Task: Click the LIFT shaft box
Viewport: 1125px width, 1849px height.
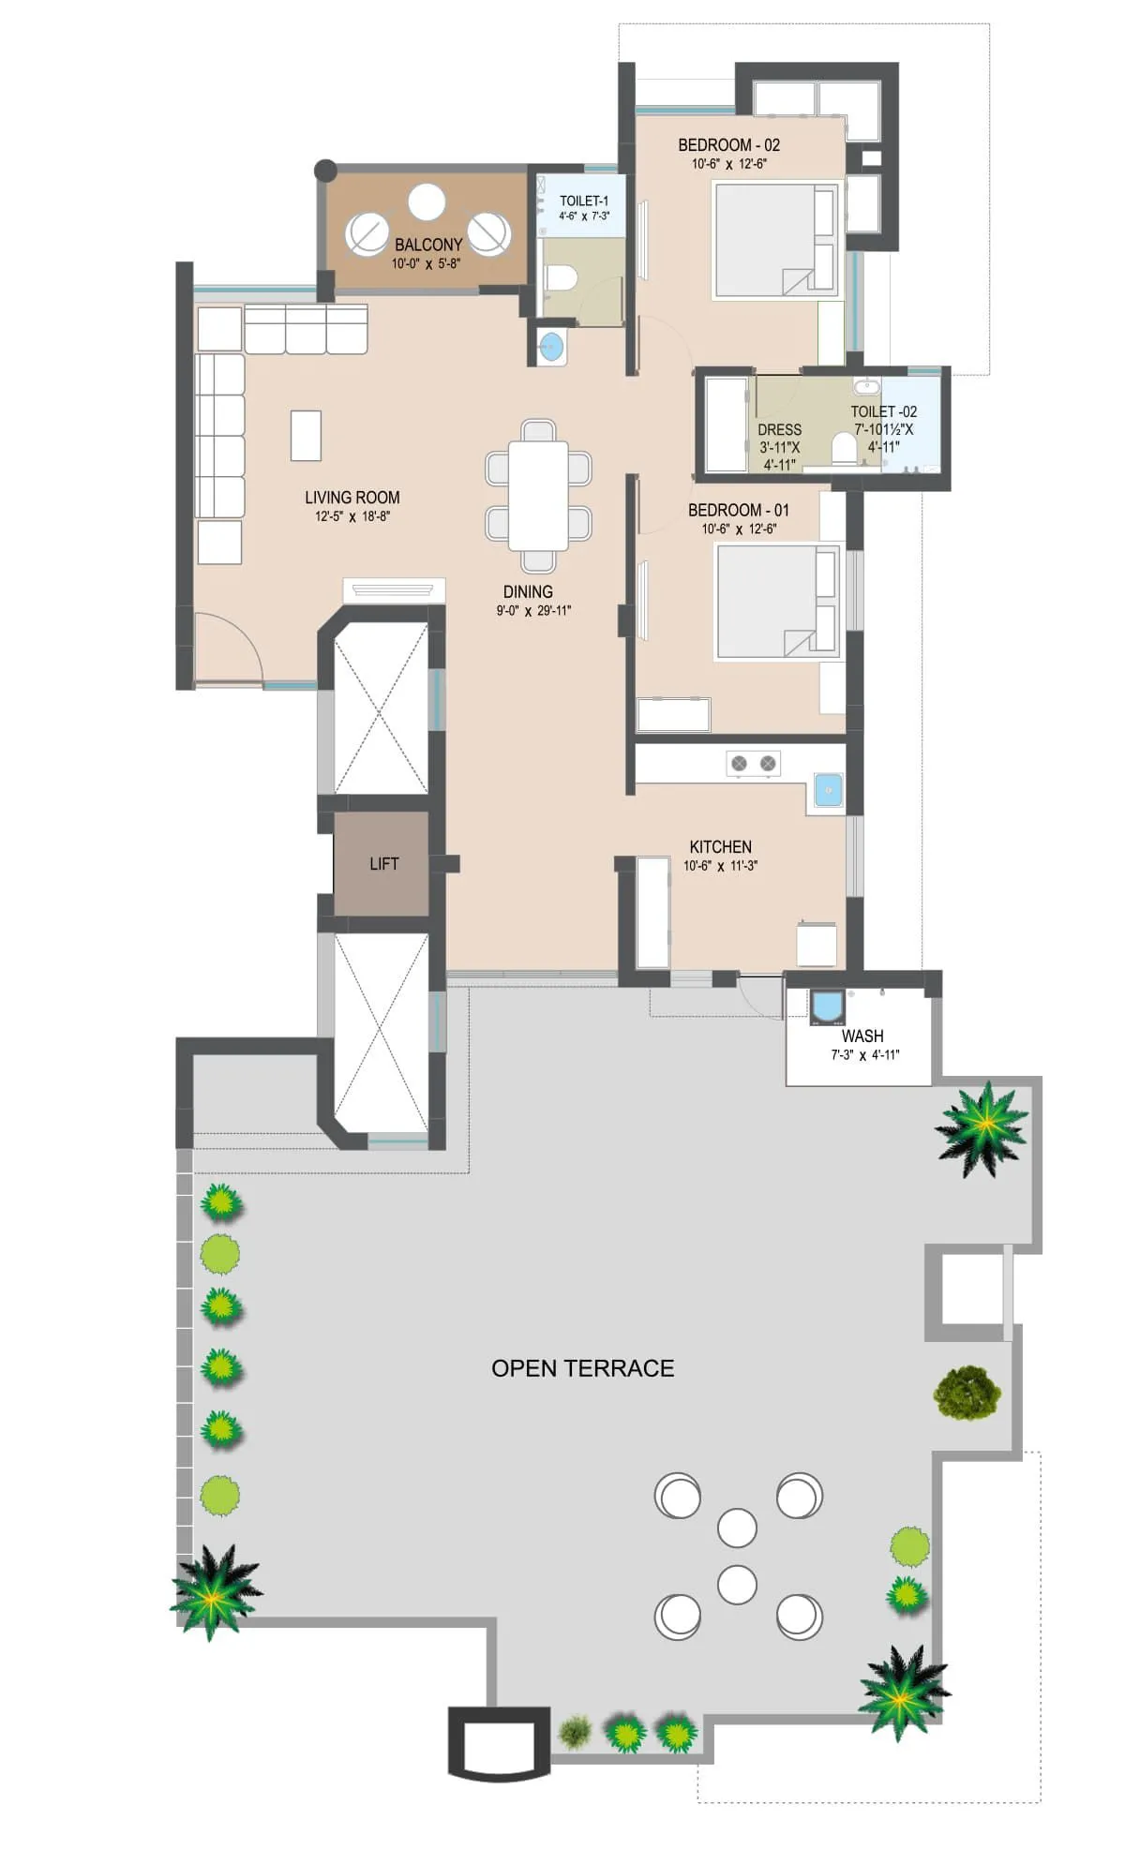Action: click(x=382, y=863)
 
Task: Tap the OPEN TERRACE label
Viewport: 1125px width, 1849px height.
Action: click(x=582, y=1368)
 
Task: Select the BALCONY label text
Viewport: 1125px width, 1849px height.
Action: click(x=428, y=245)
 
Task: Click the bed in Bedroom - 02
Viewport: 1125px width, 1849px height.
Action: click(x=774, y=241)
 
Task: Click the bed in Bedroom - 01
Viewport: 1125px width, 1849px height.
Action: click(x=776, y=602)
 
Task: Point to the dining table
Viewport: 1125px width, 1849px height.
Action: click(x=538, y=495)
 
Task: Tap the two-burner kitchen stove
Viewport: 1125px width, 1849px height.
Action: click(x=754, y=764)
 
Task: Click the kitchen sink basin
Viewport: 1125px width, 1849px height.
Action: click(x=828, y=790)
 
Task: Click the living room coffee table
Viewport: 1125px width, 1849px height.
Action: click(x=306, y=435)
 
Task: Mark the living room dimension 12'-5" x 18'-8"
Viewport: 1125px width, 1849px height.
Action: click(x=352, y=516)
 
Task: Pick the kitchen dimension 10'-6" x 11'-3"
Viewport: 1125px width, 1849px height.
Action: click(x=720, y=866)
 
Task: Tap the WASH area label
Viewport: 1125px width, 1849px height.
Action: click(x=862, y=1036)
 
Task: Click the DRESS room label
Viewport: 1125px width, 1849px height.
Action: click(x=779, y=429)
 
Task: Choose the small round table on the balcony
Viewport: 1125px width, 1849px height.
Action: click(x=427, y=201)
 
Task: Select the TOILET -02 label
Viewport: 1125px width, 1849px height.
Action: click(x=883, y=411)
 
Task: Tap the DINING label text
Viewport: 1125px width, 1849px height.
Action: click(x=528, y=591)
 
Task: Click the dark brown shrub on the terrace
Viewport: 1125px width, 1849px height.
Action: click(x=967, y=1391)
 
